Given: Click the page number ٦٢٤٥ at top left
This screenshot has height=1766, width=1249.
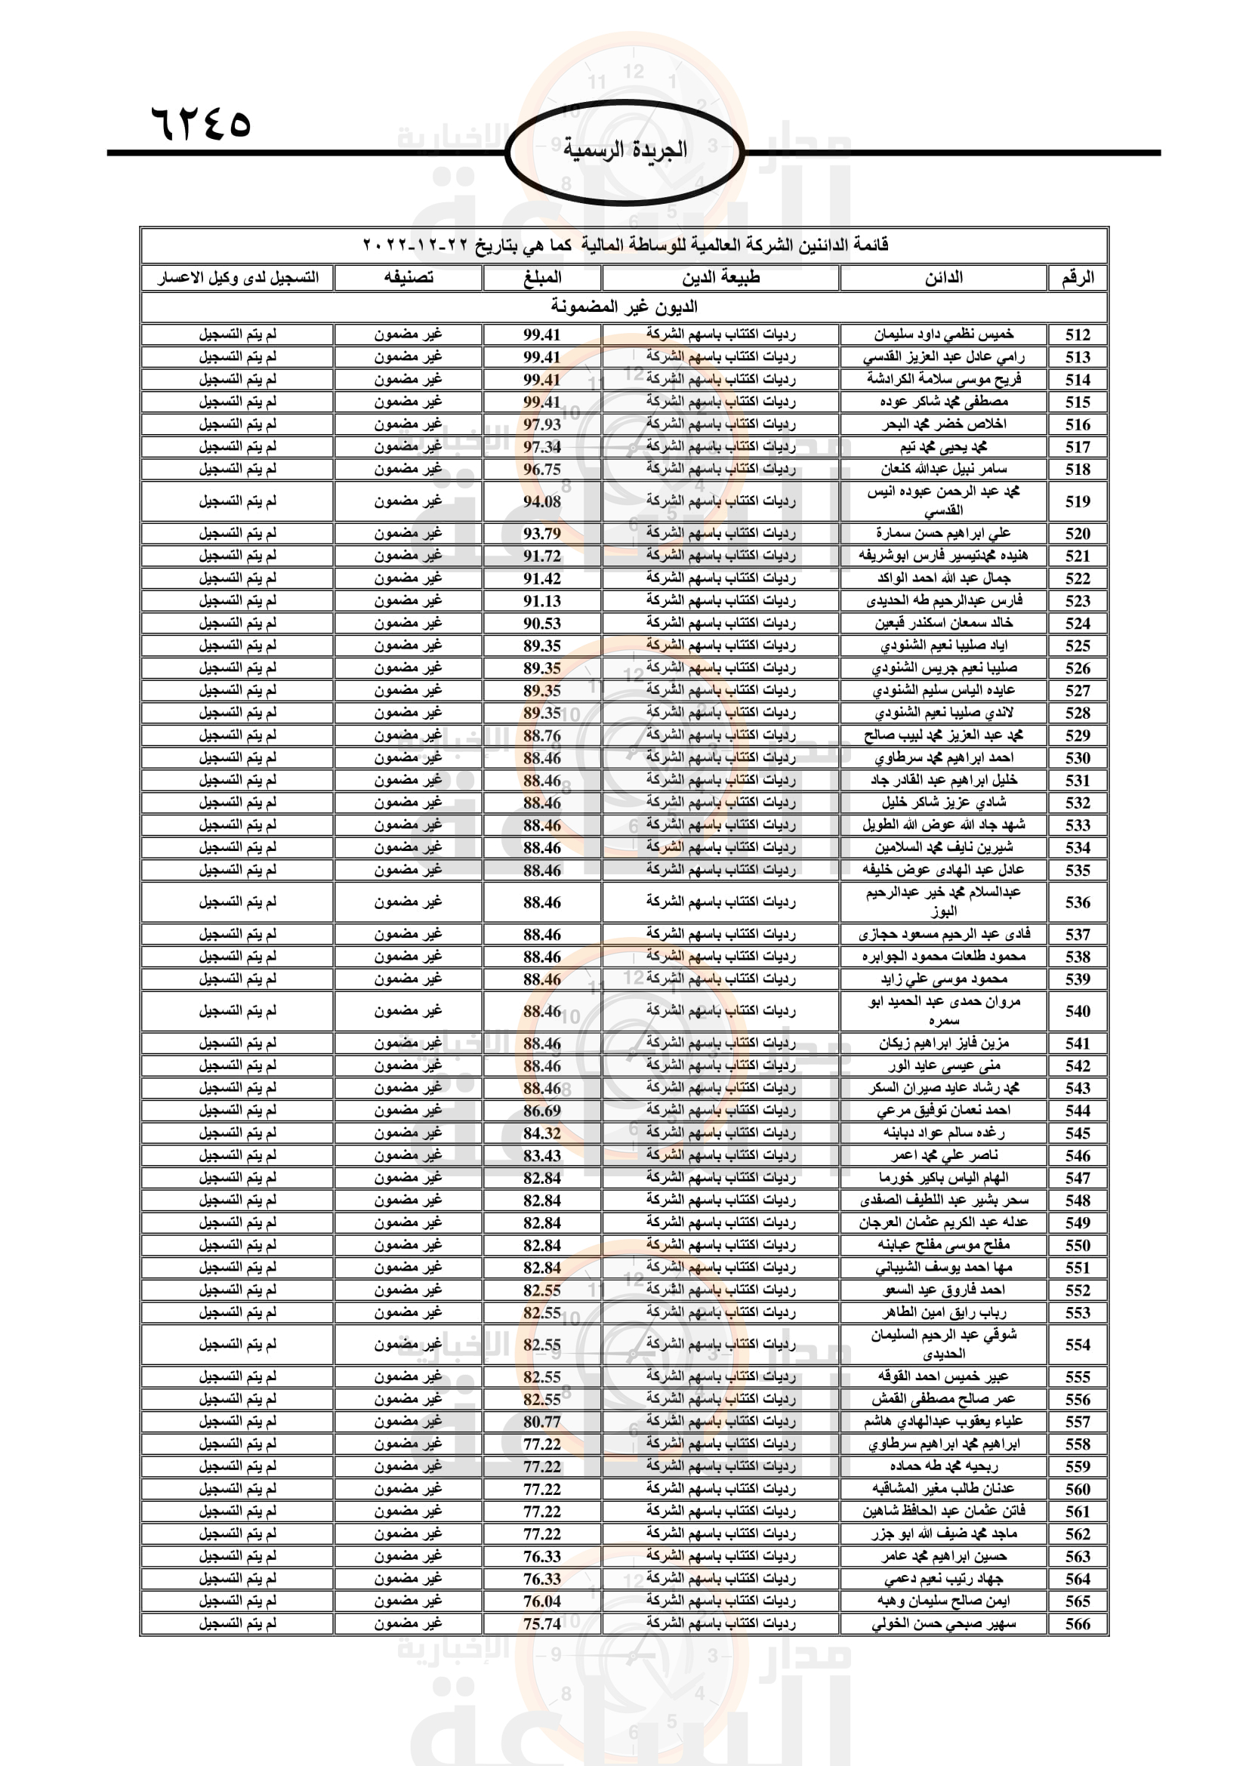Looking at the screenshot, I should (201, 122).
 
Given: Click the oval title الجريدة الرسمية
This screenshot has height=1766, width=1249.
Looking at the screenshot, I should (624, 150).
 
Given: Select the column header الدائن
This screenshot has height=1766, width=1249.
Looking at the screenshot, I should (943, 278).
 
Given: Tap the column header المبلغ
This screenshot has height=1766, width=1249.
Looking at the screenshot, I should (542, 278).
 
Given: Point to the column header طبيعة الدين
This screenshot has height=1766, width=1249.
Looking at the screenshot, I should (720, 278).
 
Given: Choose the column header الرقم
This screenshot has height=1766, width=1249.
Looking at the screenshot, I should (1078, 278).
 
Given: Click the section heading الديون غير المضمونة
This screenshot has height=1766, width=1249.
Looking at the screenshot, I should (624, 307).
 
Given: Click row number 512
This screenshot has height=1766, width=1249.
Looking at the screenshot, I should (1078, 334).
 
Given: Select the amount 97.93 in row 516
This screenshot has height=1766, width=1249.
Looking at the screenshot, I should (542, 424).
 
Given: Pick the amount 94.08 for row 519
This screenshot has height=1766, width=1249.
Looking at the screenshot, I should (542, 501).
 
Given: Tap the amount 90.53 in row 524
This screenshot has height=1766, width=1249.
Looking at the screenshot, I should (542, 623).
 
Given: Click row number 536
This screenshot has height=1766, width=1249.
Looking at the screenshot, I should (1078, 902).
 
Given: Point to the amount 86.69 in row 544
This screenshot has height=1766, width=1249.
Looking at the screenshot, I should (542, 1111).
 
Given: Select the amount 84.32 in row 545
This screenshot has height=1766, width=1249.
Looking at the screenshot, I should (542, 1133).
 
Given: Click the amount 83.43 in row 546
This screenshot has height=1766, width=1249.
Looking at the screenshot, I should (542, 1155).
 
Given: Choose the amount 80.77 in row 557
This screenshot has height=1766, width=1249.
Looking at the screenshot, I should (542, 1422).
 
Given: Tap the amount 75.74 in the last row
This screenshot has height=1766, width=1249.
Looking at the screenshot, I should (542, 1624).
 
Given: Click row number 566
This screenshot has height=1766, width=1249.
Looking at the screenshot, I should (1078, 1624).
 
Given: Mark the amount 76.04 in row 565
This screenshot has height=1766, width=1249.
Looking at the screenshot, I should (542, 1601).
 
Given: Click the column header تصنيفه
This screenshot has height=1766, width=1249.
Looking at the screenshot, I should (409, 278).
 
